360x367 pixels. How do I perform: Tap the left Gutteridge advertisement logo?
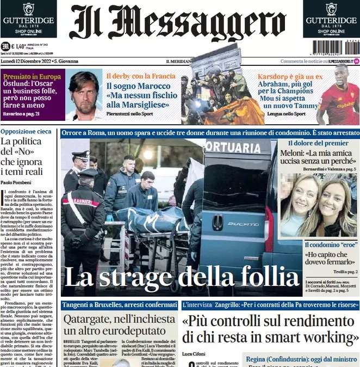28,19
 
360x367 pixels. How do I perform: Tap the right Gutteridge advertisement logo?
331,19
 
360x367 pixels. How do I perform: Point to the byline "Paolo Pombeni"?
16,182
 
